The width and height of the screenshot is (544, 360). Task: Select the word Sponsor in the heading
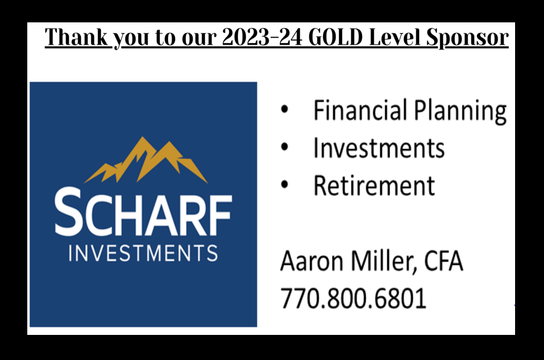(467, 38)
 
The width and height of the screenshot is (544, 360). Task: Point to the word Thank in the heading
(76, 37)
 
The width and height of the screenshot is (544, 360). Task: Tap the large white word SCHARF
(144, 212)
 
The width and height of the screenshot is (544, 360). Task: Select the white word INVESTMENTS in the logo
(144, 253)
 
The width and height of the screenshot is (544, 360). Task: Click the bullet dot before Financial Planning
(284, 109)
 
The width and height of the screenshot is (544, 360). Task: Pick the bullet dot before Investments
(284, 147)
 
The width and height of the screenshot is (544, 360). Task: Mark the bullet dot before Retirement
(284, 184)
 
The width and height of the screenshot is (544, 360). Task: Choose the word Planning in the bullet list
(461, 112)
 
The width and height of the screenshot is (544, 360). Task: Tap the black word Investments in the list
(379, 148)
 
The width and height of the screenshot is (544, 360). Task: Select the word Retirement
(374, 185)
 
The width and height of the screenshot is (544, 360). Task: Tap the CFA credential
(444, 261)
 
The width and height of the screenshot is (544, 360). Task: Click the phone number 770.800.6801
(353, 298)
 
